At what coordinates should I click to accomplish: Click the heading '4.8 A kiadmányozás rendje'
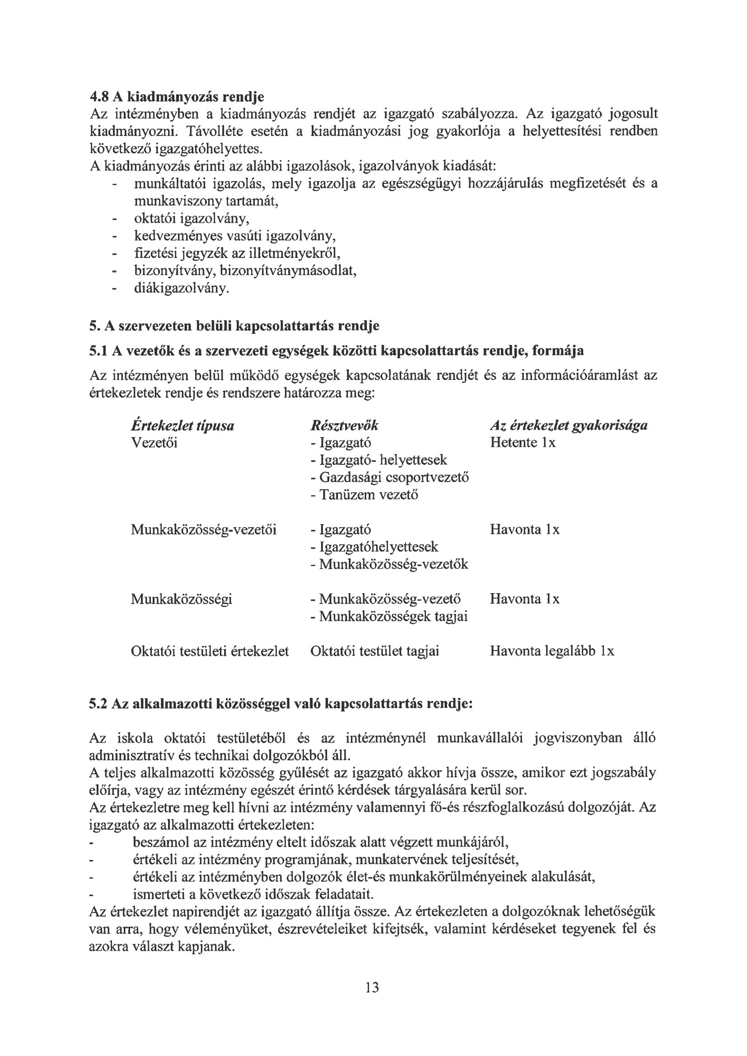click(x=177, y=97)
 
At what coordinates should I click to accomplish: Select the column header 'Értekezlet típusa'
click(x=182, y=425)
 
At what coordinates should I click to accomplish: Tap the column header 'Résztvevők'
click(x=345, y=425)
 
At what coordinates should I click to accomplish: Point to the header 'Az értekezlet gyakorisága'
click(x=569, y=425)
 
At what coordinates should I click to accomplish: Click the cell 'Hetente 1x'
click(x=523, y=443)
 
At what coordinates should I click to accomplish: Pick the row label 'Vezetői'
click(x=154, y=443)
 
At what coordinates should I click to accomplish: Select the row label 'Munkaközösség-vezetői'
click(x=203, y=529)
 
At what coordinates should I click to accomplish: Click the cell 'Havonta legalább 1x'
click(x=552, y=651)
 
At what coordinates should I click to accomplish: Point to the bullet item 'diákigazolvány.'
click(x=181, y=288)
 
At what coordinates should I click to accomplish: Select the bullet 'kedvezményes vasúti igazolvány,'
click(x=234, y=236)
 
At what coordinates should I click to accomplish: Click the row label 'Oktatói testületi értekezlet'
click(x=210, y=651)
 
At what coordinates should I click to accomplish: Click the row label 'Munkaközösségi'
click(x=181, y=599)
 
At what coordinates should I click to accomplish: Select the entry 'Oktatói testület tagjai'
click(x=374, y=651)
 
